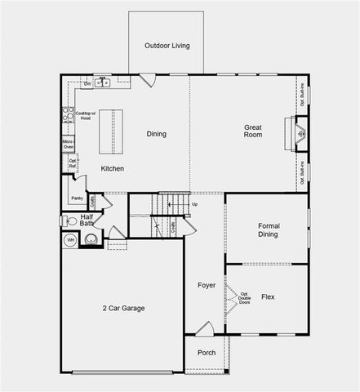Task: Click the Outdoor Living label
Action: click(167, 46)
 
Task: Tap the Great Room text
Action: click(252, 131)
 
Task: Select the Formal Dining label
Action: click(268, 229)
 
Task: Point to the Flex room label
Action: click(268, 296)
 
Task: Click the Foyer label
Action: click(207, 285)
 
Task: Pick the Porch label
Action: click(207, 353)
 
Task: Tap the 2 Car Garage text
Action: click(123, 308)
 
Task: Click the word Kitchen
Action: click(113, 168)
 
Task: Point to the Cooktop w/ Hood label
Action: click(86, 115)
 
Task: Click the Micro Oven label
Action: click(69, 145)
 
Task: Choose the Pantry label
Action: click(77, 198)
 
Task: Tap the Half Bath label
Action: click(87, 220)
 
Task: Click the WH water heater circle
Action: click(70, 240)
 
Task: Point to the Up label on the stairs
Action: click(194, 203)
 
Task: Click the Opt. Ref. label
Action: click(73, 163)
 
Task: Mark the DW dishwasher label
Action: click(87, 83)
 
